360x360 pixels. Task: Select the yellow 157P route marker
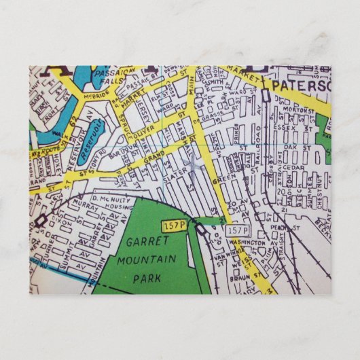point(173,225)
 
